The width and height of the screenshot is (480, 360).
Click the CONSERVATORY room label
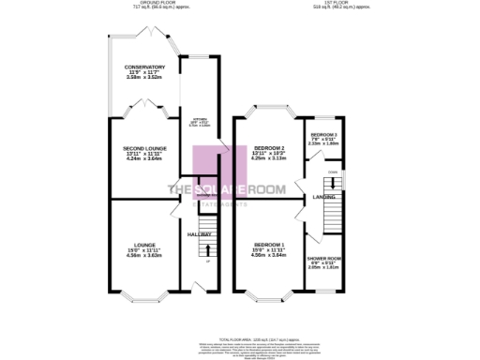(x=144, y=67)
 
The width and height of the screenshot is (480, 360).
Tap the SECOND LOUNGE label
(x=144, y=148)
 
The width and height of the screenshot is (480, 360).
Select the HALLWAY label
(x=199, y=233)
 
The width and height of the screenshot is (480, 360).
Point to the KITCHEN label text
(x=201, y=120)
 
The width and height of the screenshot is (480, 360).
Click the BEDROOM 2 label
(x=268, y=148)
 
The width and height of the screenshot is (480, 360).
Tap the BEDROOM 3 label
(x=324, y=134)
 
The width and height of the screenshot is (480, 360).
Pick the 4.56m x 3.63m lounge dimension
(x=144, y=256)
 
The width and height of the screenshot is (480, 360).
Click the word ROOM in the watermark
(x=285, y=190)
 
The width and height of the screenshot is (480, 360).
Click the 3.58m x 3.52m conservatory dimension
(x=144, y=78)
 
